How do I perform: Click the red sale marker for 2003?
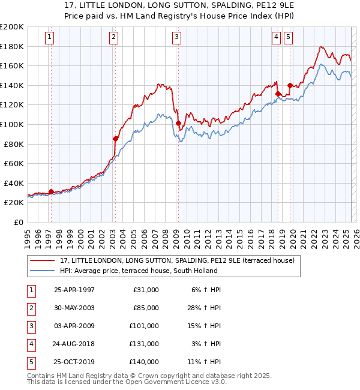[x=115, y=139]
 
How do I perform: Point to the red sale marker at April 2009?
[x=179, y=123]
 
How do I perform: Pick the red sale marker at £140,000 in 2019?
[x=290, y=85]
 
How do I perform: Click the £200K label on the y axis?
[x=12, y=27]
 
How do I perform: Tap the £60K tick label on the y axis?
[x=14, y=163]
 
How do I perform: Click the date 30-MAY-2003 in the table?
[x=74, y=308]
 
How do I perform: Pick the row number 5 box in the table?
[x=30, y=362]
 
